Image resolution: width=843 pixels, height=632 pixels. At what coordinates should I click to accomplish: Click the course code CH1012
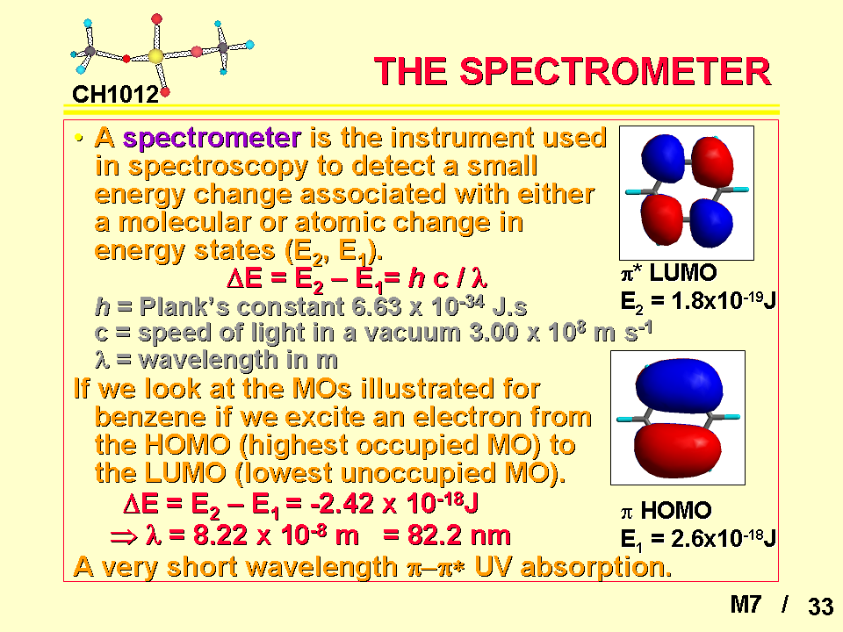pos(116,95)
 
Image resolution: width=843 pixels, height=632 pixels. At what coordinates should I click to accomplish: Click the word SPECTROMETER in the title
pos(616,71)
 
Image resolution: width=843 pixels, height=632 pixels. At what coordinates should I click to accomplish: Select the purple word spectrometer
pos(212,139)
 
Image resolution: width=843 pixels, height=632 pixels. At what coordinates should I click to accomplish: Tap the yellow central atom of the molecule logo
pos(155,56)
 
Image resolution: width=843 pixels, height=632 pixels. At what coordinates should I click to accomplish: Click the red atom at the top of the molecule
pos(156,19)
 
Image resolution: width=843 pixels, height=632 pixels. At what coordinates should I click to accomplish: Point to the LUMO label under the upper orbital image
pos(683,273)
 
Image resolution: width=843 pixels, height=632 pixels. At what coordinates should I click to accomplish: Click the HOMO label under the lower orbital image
pos(676,511)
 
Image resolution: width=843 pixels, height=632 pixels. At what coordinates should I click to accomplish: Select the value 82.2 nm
pos(458,535)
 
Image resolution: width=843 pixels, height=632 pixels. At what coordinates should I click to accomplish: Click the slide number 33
pos(820,607)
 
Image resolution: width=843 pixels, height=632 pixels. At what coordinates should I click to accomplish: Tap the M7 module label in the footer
pos(746,605)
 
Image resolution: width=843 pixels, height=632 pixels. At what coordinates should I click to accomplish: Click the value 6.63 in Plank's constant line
pos(376,307)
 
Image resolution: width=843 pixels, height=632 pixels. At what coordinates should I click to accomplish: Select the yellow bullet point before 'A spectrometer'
pos(79,139)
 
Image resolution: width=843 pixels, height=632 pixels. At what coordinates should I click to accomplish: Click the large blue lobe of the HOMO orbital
pos(679,386)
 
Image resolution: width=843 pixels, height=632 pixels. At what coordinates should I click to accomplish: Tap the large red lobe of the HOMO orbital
pos(677,450)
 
